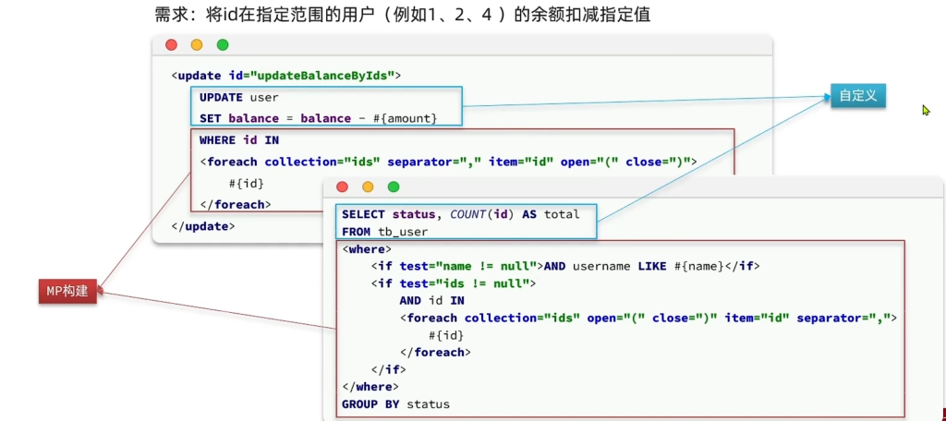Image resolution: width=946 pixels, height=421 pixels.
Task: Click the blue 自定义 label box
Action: pos(857,96)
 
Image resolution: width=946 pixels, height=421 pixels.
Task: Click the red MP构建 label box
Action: pos(67,291)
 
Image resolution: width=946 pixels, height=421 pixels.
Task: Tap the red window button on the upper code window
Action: pos(171,45)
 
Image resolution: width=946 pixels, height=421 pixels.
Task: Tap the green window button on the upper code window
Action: pos(223,45)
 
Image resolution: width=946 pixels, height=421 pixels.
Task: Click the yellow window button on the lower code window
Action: pos(368,186)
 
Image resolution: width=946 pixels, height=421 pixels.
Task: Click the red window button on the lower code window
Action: pos(342,186)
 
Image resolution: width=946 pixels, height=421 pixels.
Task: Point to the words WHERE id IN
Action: pos(239,140)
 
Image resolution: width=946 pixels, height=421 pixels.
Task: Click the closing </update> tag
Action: pos(203,225)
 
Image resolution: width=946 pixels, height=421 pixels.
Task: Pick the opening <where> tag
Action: pos(367,249)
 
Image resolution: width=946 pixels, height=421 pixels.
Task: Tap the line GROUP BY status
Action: pos(395,404)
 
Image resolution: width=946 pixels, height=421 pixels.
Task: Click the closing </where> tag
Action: pos(370,387)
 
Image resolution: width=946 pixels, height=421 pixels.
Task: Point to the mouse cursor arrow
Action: pos(926,110)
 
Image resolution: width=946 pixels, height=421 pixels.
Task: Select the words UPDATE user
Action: pos(238,97)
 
